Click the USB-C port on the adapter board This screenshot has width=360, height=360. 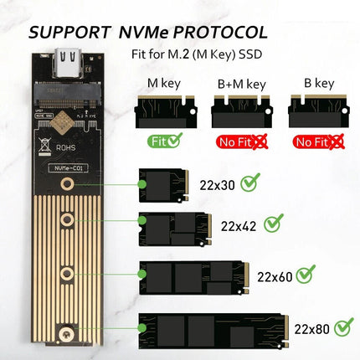[69, 63]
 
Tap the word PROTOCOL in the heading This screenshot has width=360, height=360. [220, 33]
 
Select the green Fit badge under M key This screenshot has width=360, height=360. [165, 141]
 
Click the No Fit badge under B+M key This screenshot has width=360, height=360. [242, 141]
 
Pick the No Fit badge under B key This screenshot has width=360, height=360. [318, 141]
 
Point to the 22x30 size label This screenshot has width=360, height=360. [217, 185]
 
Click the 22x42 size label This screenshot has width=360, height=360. [239, 226]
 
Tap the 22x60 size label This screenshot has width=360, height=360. [275, 277]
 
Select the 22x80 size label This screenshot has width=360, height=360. [311, 329]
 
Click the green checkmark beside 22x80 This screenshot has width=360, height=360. [344, 327]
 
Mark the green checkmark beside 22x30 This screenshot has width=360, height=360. [250, 183]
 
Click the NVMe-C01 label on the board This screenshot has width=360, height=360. [69, 168]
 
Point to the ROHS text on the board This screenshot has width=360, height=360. [66, 147]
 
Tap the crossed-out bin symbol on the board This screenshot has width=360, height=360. [44, 145]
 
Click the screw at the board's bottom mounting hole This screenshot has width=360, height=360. [66, 332]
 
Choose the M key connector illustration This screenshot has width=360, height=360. [166, 111]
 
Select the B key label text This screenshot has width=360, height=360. [319, 83]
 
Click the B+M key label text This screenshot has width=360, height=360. [242, 84]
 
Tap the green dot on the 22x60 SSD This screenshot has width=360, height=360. [142, 274]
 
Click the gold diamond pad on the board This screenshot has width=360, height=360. [64, 122]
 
